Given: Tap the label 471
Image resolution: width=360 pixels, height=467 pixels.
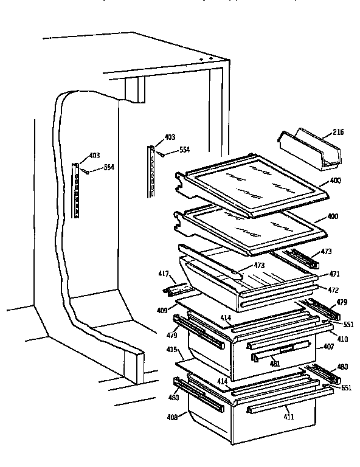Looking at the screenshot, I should point(334,274).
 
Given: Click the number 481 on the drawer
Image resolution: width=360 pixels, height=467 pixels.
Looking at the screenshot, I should point(275,364).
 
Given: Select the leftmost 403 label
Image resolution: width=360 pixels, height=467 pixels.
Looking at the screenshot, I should point(94,156).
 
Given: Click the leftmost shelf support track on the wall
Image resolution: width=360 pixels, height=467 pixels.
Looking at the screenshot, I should point(77,190).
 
